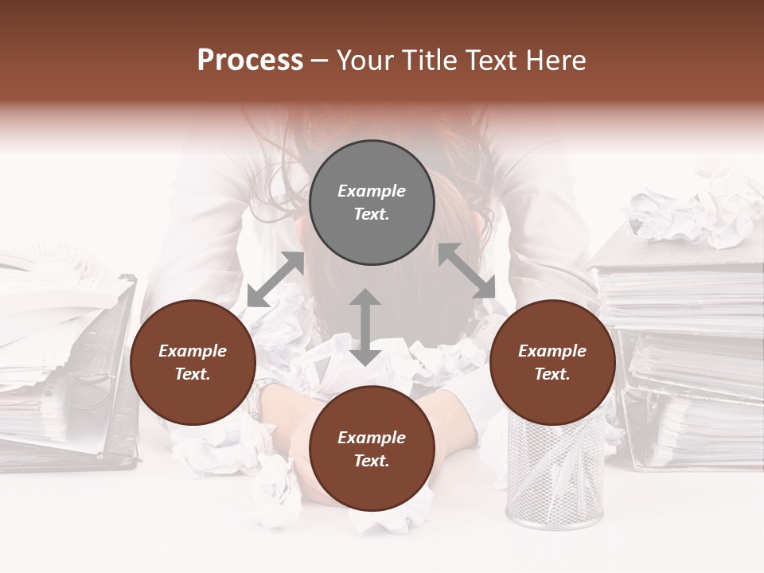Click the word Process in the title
click(x=250, y=60)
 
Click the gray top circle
click(x=372, y=203)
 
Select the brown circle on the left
click(x=193, y=363)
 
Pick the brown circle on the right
click(x=552, y=363)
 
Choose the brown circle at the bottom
click(x=372, y=449)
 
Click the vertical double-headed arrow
click(x=365, y=327)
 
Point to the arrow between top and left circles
click(x=275, y=279)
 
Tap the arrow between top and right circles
click(x=466, y=271)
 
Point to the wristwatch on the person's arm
click(x=255, y=398)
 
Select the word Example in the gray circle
click(x=372, y=191)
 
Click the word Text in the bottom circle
click(x=372, y=461)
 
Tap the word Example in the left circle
click(x=193, y=351)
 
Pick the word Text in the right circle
click(x=552, y=374)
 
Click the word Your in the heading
click(x=364, y=60)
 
